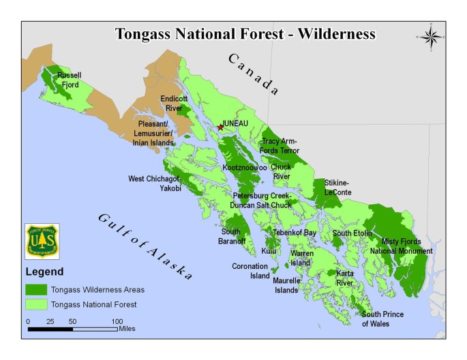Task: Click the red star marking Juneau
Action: [220, 127]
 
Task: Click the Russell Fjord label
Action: [68, 80]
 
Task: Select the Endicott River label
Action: [174, 103]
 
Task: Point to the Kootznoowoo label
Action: [244, 167]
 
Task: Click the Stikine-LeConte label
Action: [337, 187]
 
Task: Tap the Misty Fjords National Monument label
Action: [401, 246]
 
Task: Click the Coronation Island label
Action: [251, 271]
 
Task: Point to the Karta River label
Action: [345, 277]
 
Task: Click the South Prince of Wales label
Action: [382, 318]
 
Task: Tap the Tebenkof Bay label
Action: [295, 233]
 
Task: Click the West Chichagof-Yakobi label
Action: [155, 183]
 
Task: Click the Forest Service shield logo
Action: [42, 241]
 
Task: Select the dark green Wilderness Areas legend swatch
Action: [36, 289]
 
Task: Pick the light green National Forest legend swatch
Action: [36, 304]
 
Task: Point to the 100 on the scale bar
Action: [117, 321]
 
